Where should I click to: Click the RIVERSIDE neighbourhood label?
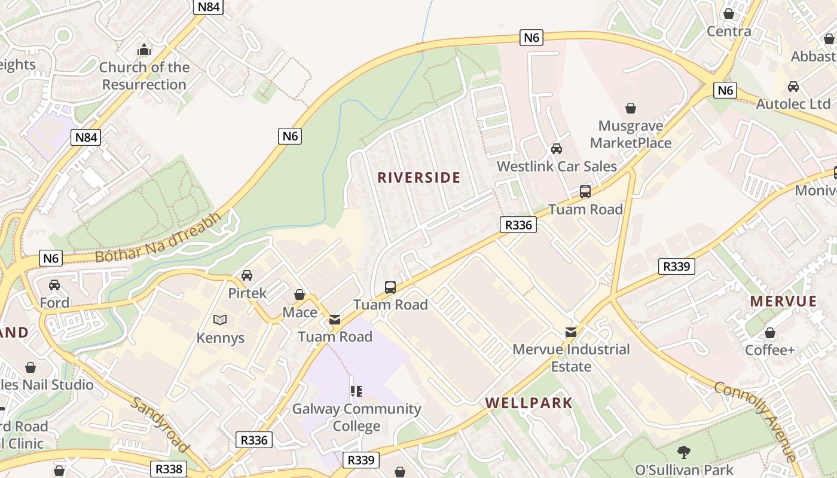click(x=418, y=177)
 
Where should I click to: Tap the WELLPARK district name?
click(x=529, y=403)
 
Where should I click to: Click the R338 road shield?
click(x=169, y=469)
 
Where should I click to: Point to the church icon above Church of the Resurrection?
click(x=144, y=50)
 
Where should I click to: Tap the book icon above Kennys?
click(x=220, y=320)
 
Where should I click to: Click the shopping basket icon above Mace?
click(x=300, y=295)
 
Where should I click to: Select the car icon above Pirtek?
click(x=246, y=275)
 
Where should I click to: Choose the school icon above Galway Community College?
click(x=356, y=391)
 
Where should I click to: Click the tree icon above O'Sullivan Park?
click(x=684, y=452)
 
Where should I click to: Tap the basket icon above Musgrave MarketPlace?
click(x=630, y=108)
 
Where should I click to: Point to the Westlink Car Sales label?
click(x=557, y=166)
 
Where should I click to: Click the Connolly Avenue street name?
click(x=756, y=421)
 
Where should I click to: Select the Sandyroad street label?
click(x=160, y=425)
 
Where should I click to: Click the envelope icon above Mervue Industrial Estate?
click(x=571, y=332)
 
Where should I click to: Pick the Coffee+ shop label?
click(x=770, y=350)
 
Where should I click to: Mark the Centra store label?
click(x=729, y=31)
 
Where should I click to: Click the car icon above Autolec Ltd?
click(x=793, y=87)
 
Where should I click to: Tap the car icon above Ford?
click(x=54, y=285)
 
